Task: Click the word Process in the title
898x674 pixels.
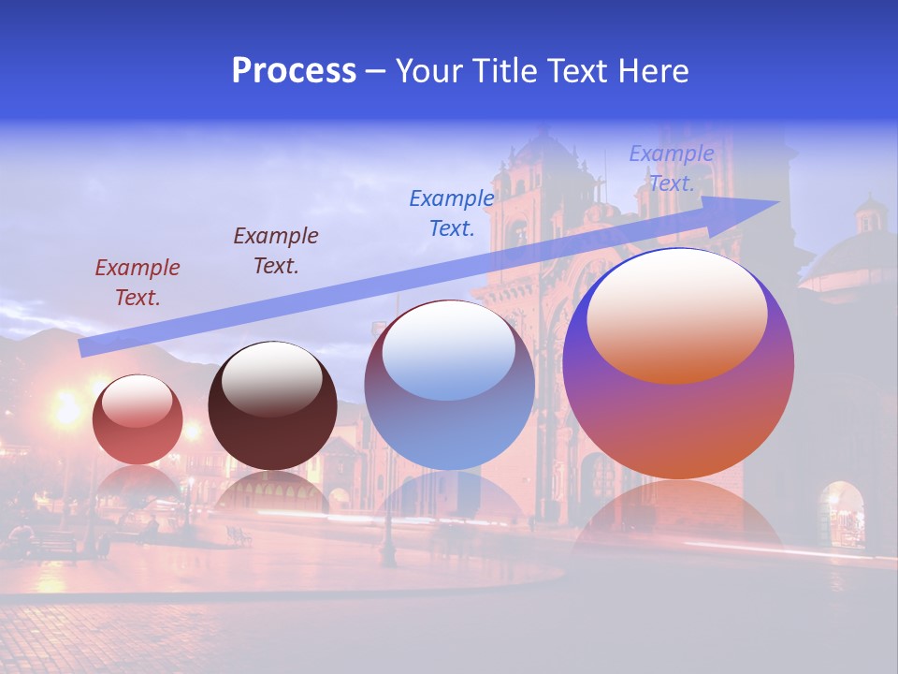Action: tap(294, 71)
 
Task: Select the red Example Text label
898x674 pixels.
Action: tap(137, 283)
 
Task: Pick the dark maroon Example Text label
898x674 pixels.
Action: tap(275, 251)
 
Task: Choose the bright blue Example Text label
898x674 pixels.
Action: tap(451, 212)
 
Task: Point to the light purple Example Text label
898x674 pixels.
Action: tap(671, 168)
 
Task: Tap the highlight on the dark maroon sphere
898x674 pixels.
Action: tap(271, 377)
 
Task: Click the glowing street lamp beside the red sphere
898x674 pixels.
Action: tap(67, 409)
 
